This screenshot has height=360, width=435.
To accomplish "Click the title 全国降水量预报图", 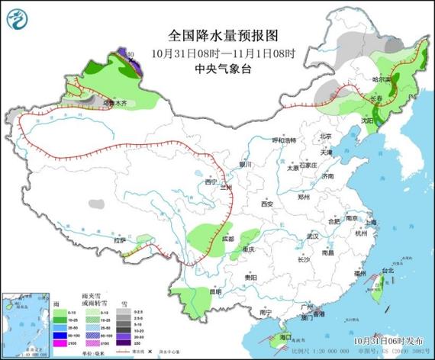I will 222,35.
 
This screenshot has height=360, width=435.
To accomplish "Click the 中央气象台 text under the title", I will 222,68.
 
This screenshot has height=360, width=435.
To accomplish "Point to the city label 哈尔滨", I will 382,79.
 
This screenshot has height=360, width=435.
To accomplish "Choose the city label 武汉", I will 309,236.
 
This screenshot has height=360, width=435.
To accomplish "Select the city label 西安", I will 266,204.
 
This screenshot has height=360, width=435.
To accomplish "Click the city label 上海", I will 374,222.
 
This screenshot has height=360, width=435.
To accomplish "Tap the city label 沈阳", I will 367,120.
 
